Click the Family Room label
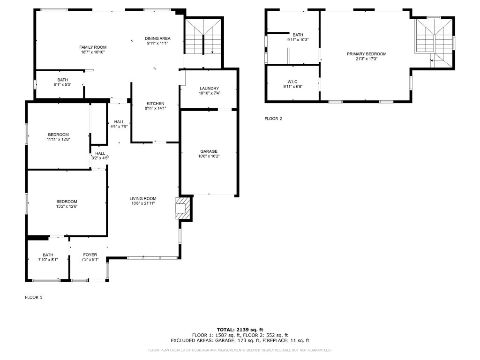coord(93,47)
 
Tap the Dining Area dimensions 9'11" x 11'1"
coord(157,43)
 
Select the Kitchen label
coord(155,104)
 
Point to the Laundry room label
coord(209,89)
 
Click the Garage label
coord(209,151)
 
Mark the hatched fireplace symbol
coord(183,208)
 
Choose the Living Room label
coord(143,198)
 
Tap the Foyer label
coord(90,255)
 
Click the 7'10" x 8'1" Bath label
coord(48,255)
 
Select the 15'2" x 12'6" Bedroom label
coord(67,202)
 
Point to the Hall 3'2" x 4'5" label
coord(100,153)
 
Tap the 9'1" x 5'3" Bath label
coord(62,80)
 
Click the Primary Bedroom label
coord(367,54)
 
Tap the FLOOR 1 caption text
coord(33,297)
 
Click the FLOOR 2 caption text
coord(273,119)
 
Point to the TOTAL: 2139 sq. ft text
coord(240,330)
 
